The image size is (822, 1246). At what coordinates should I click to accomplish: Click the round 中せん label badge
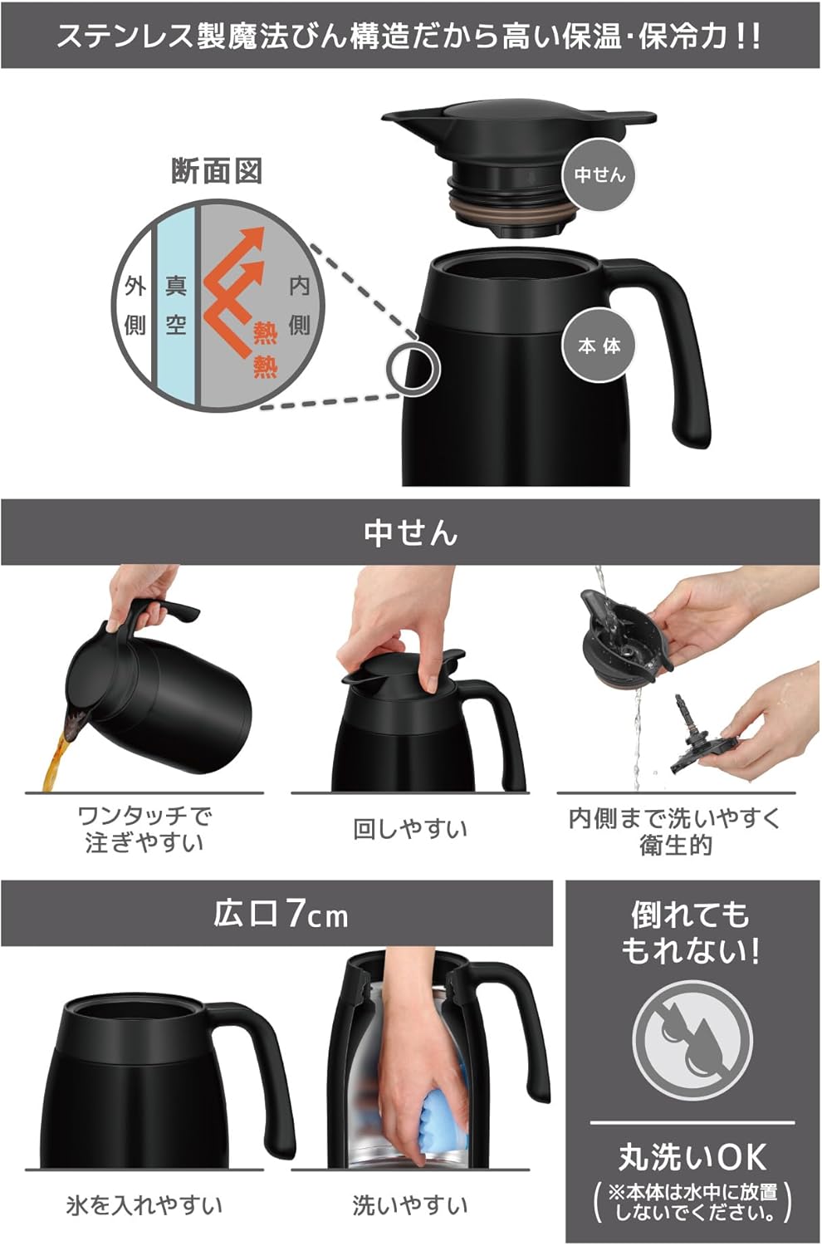pyautogui.click(x=599, y=174)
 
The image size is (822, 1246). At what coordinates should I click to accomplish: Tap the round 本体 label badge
pyautogui.click(x=599, y=346)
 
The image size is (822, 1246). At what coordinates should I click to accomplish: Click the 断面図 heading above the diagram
pyautogui.click(x=217, y=171)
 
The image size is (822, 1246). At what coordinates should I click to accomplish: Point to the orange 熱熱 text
pyautogui.click(x=265, y=351)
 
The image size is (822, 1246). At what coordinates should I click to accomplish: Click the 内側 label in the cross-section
pyautogui.click(x=299, y=306)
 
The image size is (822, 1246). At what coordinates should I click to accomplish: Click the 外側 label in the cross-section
pyautogui.click(x=135, y=306)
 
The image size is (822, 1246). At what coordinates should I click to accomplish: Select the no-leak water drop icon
pyautogui.click(x=692, y=1040)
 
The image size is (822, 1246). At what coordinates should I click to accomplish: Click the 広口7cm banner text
pyautogui.click(x=281, y=914)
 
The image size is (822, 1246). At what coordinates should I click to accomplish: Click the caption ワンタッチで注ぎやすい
pyautogui.click(x=144, y=829)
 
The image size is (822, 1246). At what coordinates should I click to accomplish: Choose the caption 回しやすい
pyautogui.click(x=410, y=829)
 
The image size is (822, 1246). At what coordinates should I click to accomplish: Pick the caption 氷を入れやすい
pyautogui.click(x=144, y=1204)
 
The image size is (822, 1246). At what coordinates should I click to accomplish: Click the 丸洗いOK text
pyautogui.click(x=692, y=1156)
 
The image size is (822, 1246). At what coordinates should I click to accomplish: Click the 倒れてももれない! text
pyautogui.click(x=691, y=932)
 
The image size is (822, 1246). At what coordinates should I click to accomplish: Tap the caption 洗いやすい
pyautogui.click(x=410, y=1204)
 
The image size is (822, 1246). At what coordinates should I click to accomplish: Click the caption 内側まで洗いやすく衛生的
pyautogui.click(x=675, y=831)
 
